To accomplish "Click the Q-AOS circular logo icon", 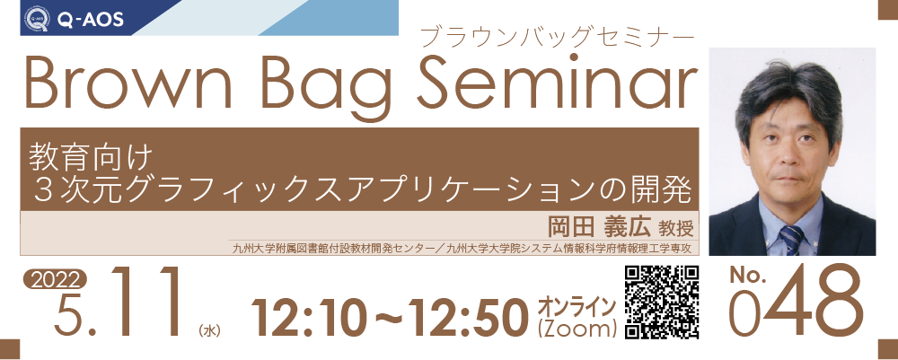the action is tap(37, 19).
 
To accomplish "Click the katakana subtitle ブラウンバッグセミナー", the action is tap(558, 38).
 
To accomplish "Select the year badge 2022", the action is tap(55, 278).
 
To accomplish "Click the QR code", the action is tap(662, 302).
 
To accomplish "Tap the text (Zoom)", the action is tap(577, 328).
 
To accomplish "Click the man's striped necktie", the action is tap(791, 240).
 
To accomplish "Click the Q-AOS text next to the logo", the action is tap(90, 20).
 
